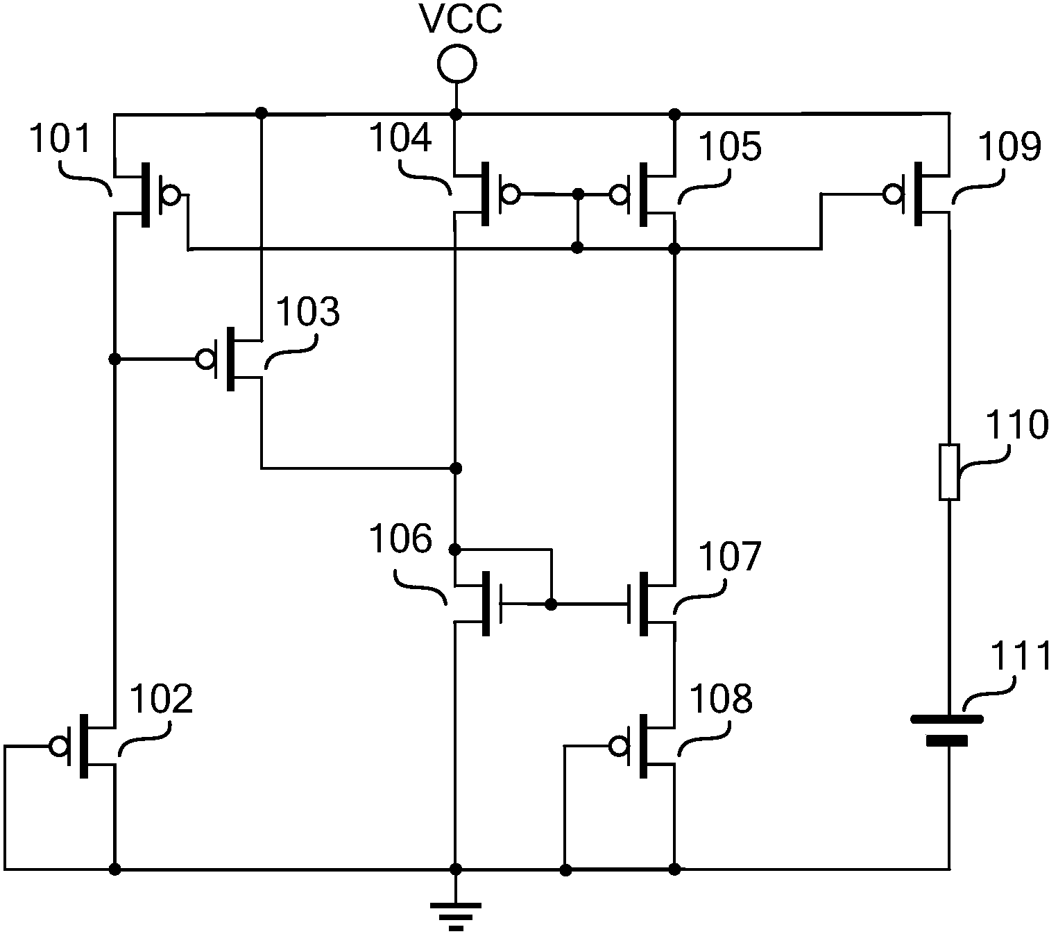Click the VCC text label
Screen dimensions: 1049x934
[460, 19]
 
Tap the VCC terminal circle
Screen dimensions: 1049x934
[456, 64]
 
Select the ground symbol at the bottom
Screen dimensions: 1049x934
[456, 919]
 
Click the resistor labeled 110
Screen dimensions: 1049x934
[949, 472]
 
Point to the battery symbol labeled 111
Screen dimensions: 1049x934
[946, 731]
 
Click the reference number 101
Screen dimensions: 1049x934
[60, 138]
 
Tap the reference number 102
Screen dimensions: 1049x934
[160, 699]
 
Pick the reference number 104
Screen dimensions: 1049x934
[400, 138]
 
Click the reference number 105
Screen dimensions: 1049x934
[730, 146]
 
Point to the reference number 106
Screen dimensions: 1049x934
[400, 538]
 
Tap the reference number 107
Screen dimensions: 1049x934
[730, 556]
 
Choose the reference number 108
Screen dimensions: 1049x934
[722, 698]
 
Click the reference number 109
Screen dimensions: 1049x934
[1009, 146]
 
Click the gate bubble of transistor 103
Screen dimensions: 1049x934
[206, 359]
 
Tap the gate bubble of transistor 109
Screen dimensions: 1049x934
[893, 195]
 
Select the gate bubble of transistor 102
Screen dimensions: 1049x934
[59, 746]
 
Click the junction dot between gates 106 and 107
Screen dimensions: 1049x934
[552, 604]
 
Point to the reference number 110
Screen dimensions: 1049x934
[1017, 425]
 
